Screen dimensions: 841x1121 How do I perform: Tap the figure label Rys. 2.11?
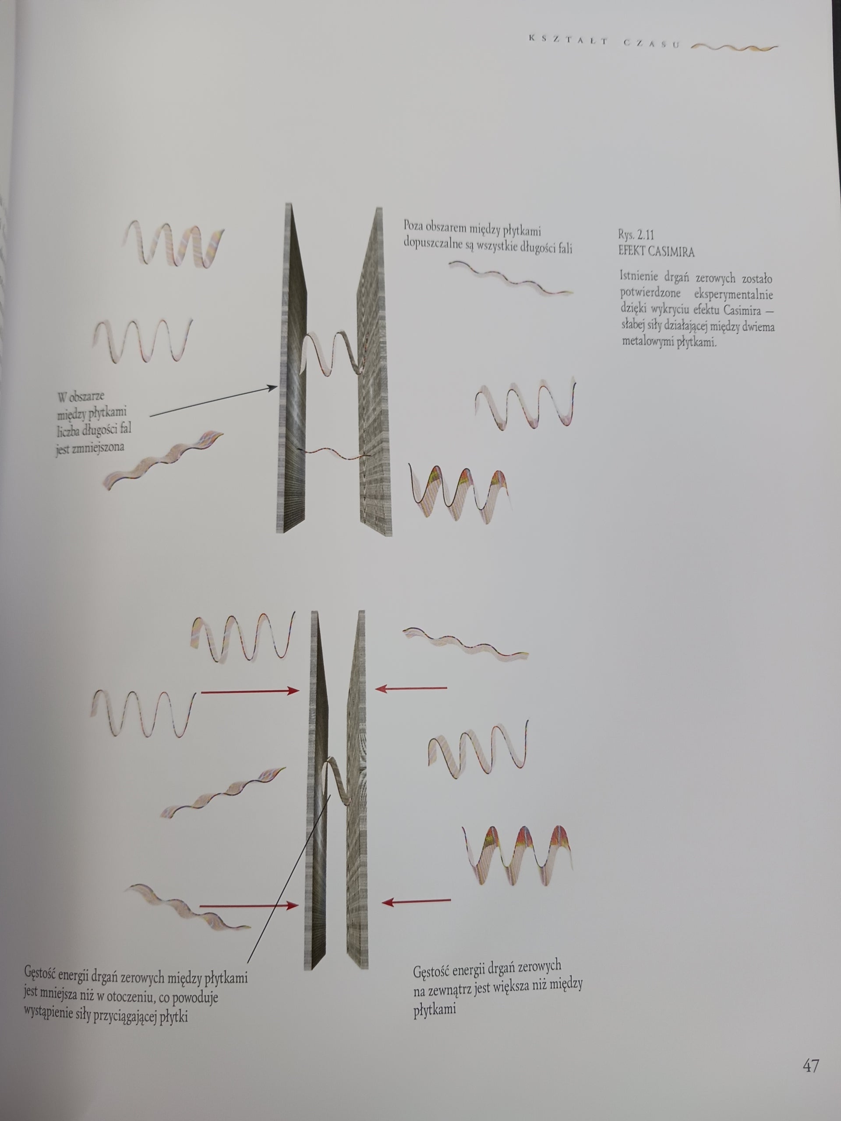click(x=636, y=235)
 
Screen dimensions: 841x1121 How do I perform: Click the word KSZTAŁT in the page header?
click(x=568, y=41)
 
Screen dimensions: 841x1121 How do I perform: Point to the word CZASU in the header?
click(x=651, y=43)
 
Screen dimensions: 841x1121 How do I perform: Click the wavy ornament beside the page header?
click(x=735, y=48)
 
